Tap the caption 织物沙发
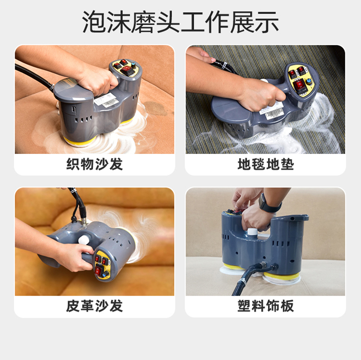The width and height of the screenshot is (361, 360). [95, 164]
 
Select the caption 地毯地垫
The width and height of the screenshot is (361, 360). [265, 164]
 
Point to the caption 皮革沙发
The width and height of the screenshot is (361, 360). [95, 306]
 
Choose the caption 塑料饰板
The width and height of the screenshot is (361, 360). [265, 306]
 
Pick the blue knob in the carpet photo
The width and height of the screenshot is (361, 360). [308, 82]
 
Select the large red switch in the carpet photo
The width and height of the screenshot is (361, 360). [299, 85]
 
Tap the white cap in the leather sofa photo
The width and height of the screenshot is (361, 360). [84, 239]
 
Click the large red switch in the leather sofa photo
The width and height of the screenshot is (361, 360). [99, 270]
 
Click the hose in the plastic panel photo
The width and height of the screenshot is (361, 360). [249, 276]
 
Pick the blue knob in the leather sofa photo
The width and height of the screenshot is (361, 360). [106, 274]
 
